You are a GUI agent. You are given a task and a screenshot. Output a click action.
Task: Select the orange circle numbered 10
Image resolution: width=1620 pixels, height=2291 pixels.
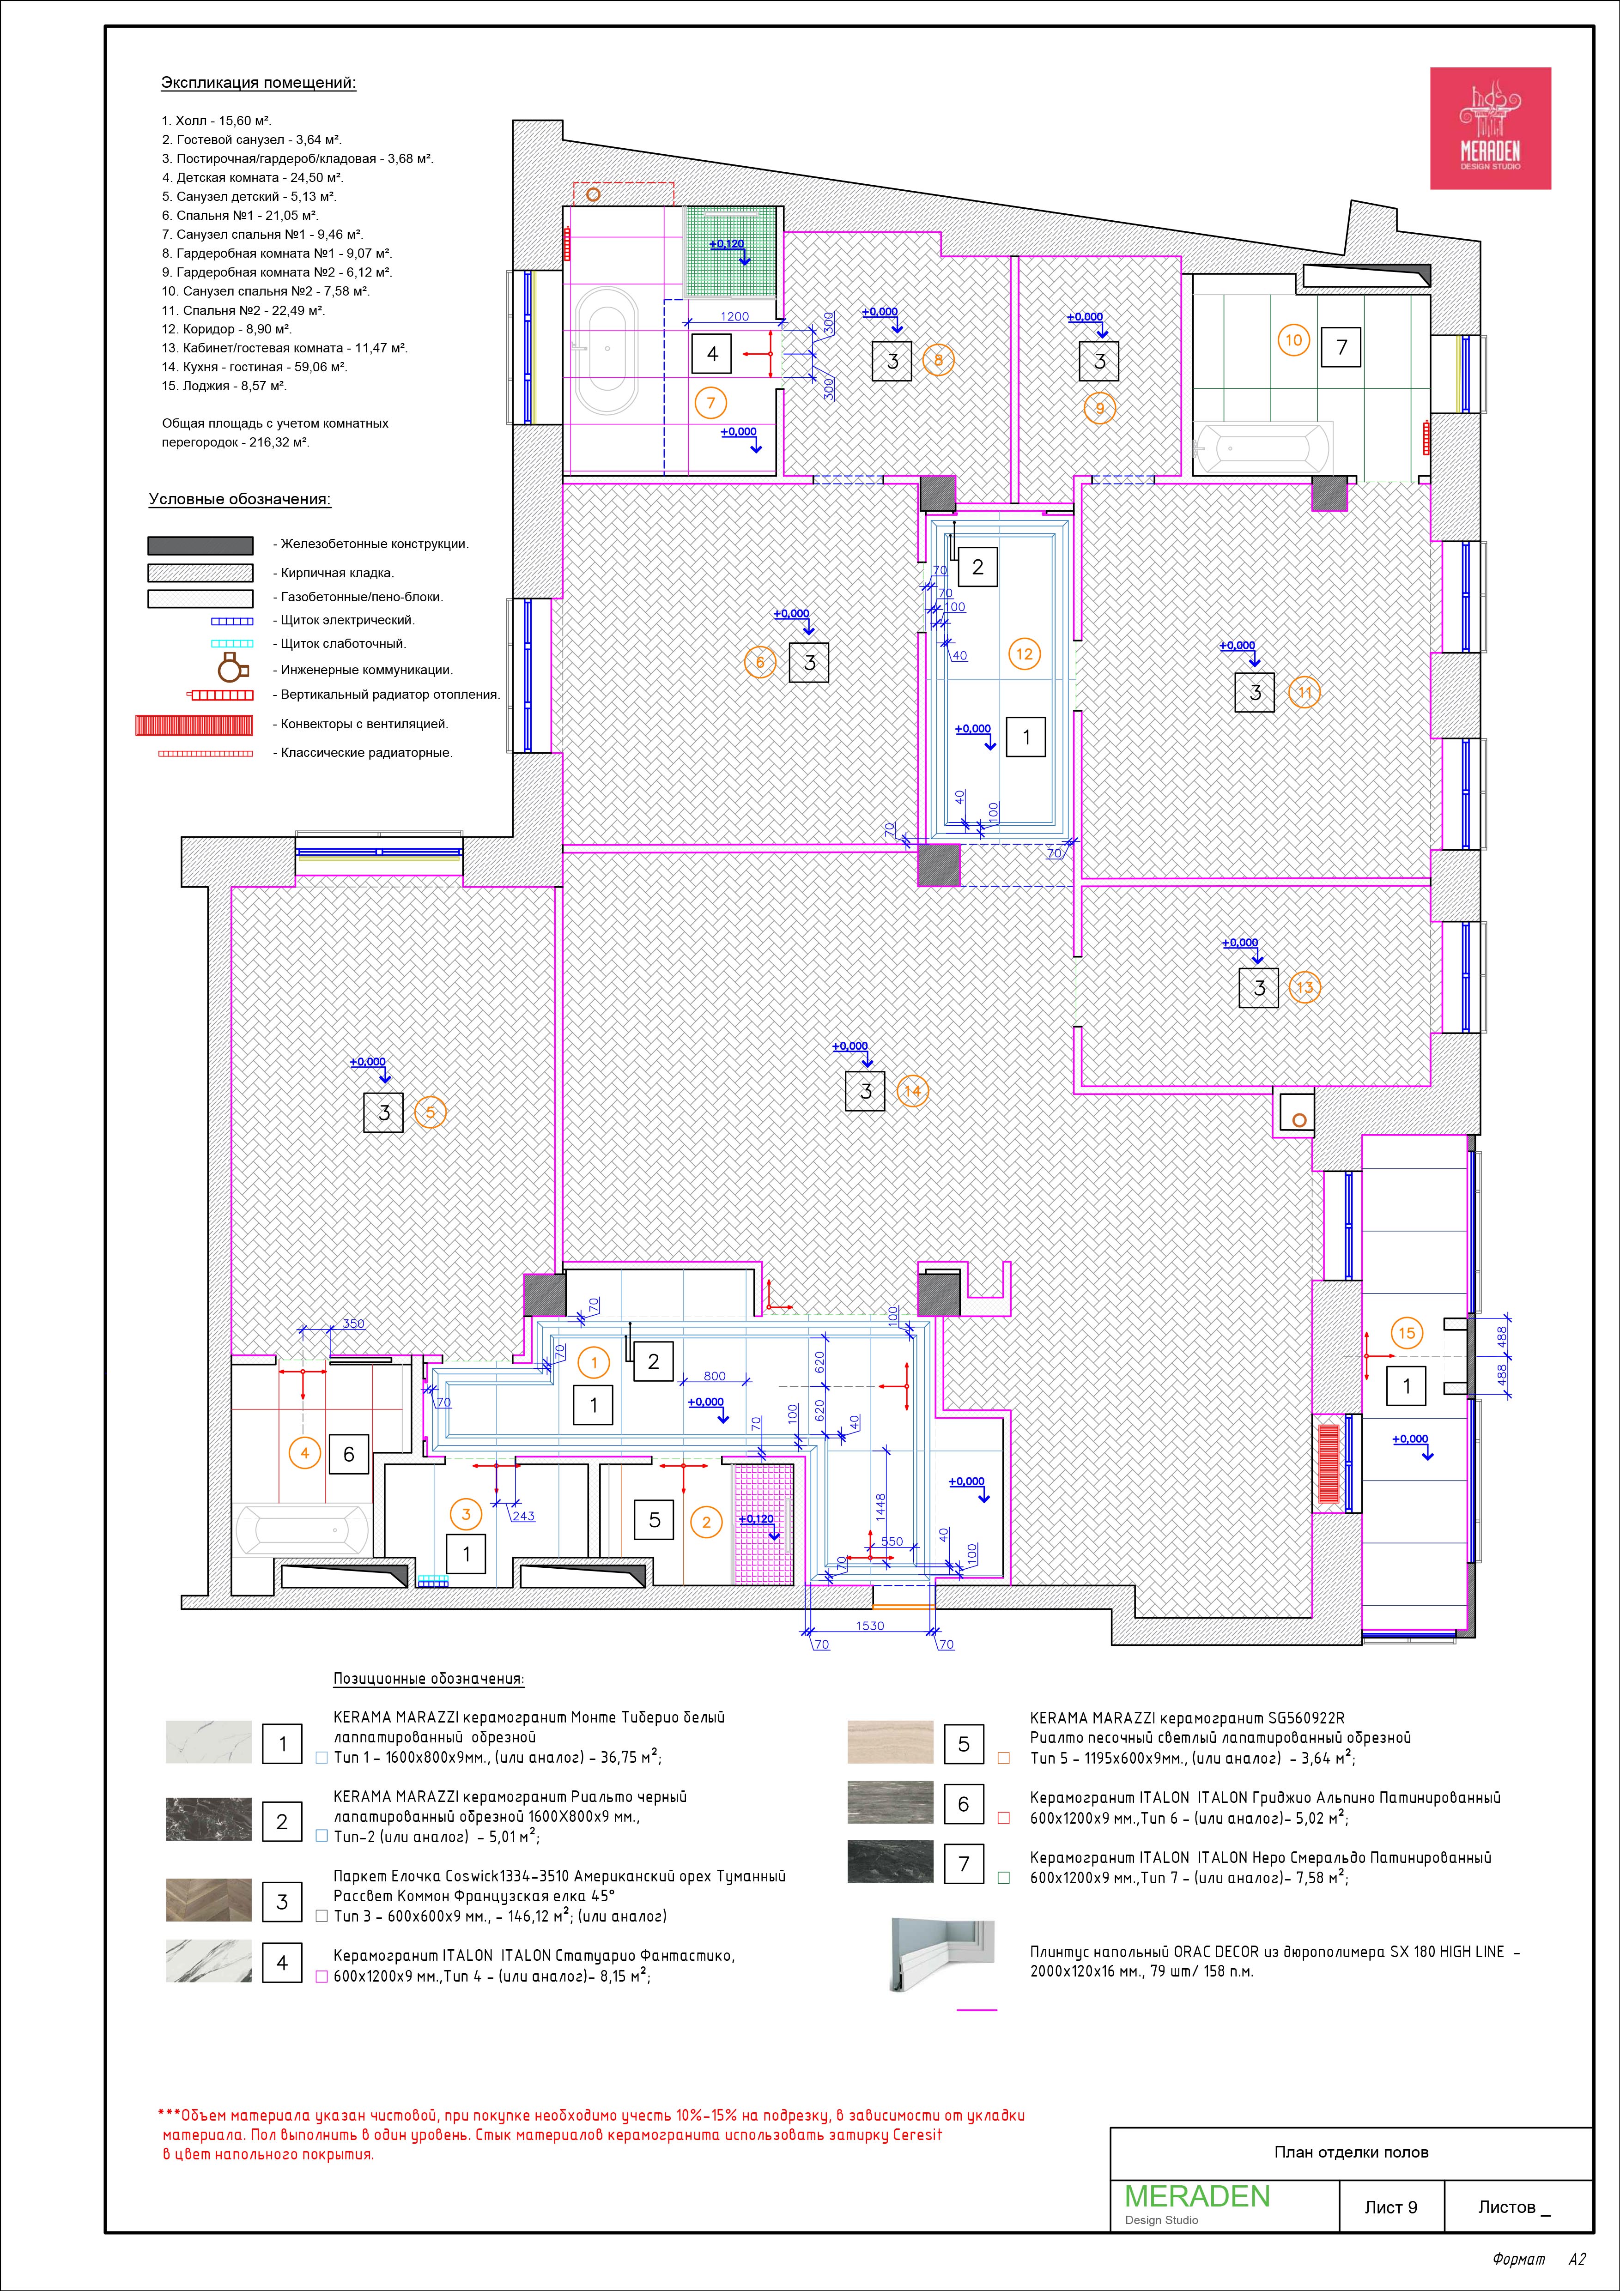pyautogui.click(x=1293, y=340)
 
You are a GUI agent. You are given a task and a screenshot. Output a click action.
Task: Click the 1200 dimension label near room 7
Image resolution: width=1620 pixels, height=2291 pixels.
pyautogui.click(x=734, y=316)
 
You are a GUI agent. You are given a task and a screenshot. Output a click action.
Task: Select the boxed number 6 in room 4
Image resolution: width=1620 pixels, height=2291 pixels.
pyautogui.click(x=348, y=1454)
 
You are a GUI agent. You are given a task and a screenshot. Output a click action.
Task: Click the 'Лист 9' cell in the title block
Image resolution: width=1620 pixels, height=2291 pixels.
pyautogui.click(x=1390, y=2207)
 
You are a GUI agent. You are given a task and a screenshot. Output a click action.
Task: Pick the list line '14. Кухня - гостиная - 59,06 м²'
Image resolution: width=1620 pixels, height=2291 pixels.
pyautogui.click(x=255, y=367)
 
